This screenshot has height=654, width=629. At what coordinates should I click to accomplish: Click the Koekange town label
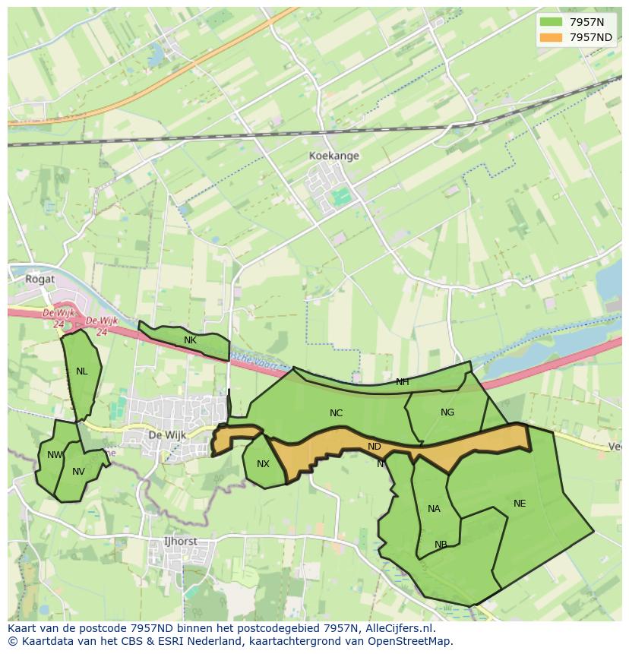333,156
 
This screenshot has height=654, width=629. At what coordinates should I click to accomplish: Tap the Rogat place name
40,279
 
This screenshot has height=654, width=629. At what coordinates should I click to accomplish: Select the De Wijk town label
166,435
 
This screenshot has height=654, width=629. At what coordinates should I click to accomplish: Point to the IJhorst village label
180,542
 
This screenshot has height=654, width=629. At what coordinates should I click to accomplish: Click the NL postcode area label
81,371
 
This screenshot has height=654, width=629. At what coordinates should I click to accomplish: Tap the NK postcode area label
190,340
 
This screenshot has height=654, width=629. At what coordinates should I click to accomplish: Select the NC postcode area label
336,413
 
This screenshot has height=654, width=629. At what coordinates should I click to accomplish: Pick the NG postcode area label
447,412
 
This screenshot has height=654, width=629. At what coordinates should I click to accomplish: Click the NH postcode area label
402,382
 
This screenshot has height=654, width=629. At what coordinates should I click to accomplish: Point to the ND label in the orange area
374,447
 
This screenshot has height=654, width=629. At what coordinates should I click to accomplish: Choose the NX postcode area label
263,464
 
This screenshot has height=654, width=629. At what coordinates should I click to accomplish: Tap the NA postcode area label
434,509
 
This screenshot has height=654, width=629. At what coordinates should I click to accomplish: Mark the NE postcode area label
519,504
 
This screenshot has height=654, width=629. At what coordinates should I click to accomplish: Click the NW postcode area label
55,455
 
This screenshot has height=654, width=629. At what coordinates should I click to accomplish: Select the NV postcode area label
78,472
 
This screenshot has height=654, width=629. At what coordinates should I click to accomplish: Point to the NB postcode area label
441,545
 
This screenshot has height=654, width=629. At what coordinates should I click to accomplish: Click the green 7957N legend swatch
551,23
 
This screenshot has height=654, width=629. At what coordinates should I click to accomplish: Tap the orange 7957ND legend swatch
551,37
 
